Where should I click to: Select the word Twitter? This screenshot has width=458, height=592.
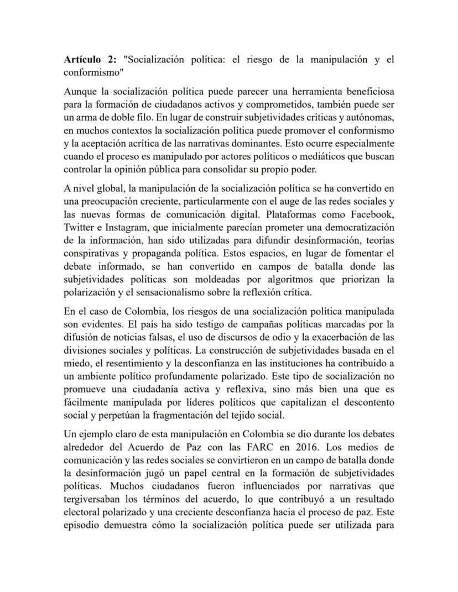click(79, 227)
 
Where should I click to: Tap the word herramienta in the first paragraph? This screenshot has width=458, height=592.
click(303, 91)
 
